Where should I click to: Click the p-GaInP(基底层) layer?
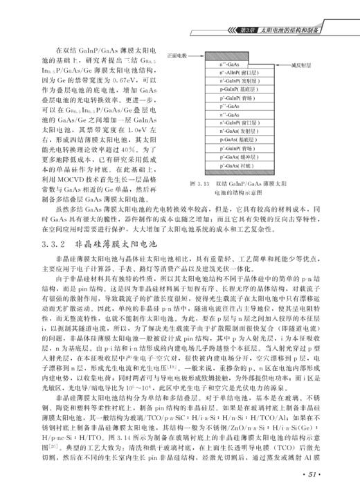(235, 88)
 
